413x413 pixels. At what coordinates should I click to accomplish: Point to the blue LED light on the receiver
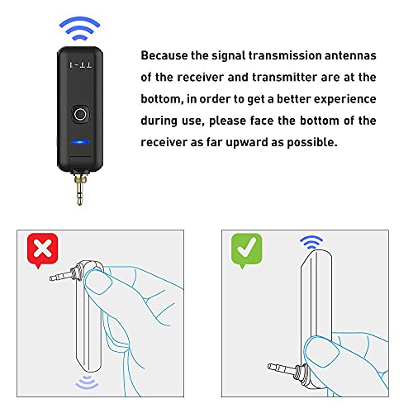pos(80,140)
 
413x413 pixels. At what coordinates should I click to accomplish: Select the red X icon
pos(42,249)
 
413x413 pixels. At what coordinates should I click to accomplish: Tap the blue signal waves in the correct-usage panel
pos(311,242)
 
